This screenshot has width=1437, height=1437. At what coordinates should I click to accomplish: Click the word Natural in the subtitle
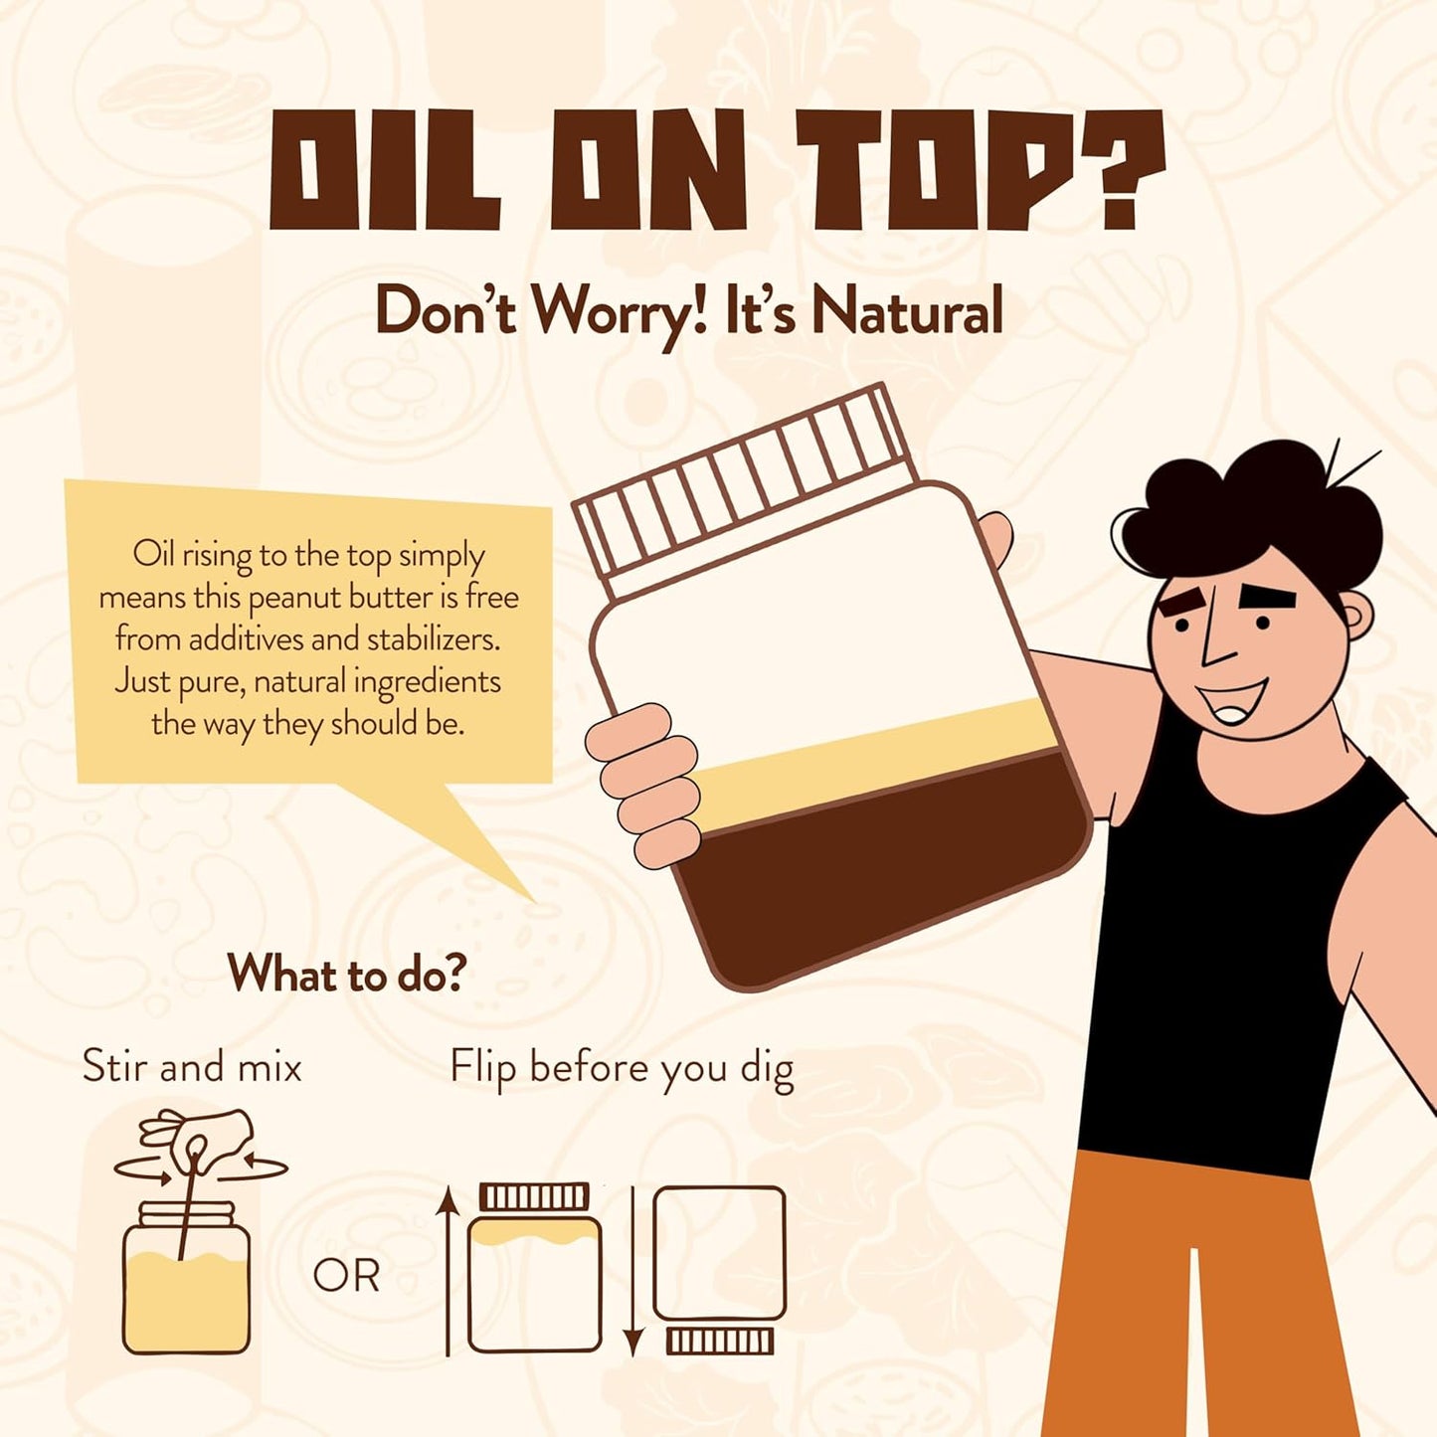tap(907, 313)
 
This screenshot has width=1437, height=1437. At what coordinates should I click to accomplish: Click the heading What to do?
tap(347, 972)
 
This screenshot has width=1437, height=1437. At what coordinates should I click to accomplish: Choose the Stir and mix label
tap(192, 1066)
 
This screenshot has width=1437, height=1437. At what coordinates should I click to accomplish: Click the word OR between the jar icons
tap(347, 1276)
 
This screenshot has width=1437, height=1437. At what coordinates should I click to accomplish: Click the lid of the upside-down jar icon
tap(720, 1342)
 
